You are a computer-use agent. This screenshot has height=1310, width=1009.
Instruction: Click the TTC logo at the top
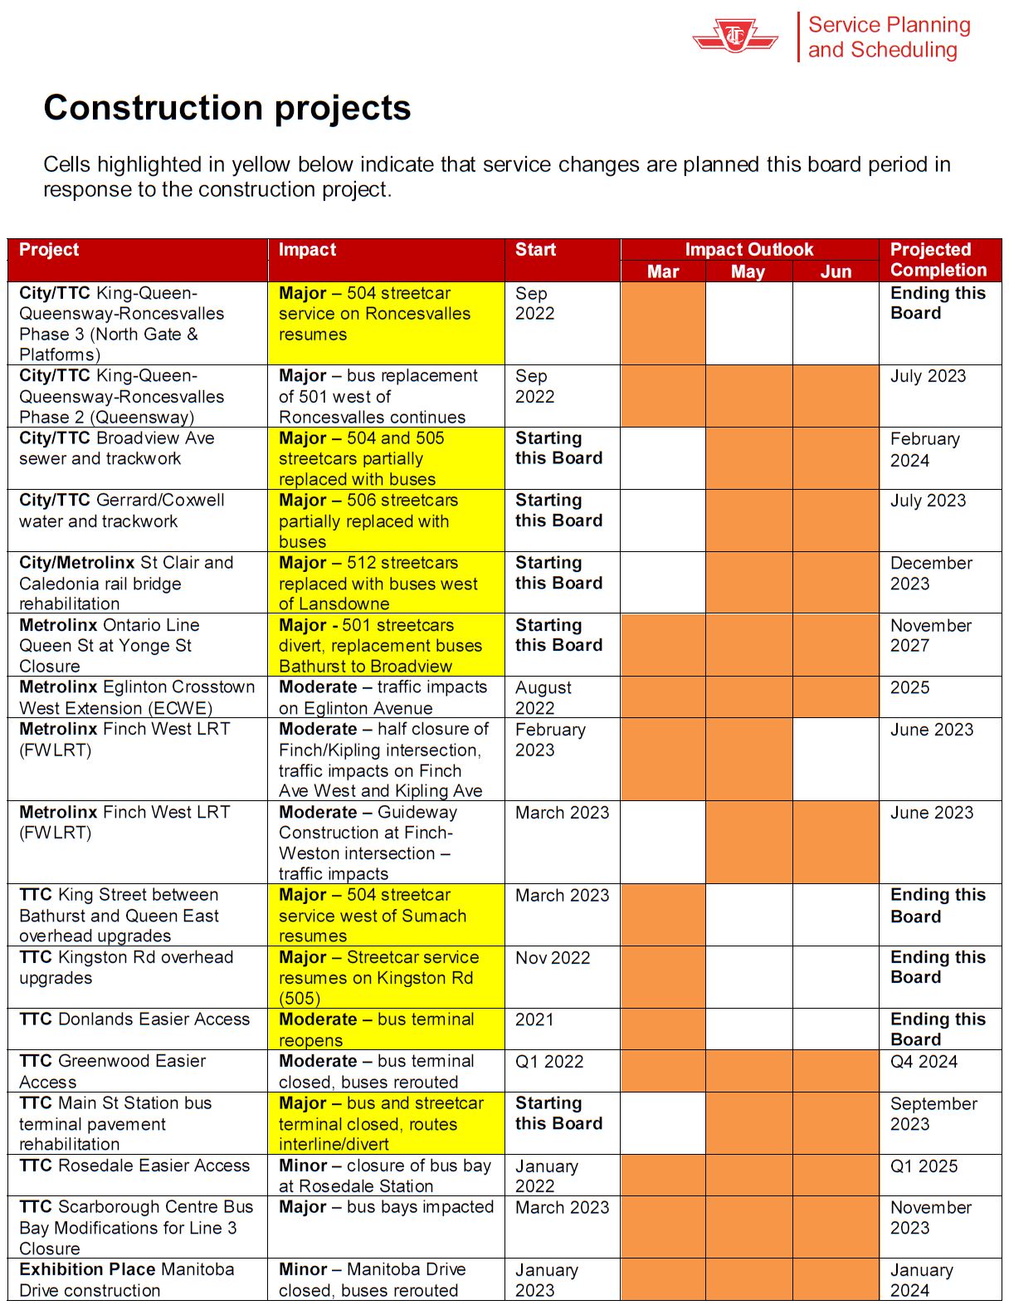(735, 37)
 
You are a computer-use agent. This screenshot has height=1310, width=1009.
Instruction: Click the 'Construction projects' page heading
(227, 108)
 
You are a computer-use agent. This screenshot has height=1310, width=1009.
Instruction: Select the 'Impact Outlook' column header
(748, 249)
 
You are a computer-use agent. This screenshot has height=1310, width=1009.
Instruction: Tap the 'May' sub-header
(748, 271)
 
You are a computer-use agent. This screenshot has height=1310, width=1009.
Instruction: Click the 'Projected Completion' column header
(938, 260)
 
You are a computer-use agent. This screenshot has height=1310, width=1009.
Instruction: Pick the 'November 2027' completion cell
(930, 635)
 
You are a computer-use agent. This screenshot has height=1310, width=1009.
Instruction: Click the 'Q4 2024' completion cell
(924, 1062)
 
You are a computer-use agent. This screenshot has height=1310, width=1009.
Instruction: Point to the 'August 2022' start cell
(543, 697)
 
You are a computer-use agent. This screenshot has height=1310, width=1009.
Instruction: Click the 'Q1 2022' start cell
(549, 1062)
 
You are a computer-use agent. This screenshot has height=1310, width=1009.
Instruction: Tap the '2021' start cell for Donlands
(534, 1019)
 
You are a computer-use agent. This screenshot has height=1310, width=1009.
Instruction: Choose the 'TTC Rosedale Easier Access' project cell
(134, 1166)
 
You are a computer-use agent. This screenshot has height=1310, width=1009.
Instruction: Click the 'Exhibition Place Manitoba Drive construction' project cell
(126, 1279)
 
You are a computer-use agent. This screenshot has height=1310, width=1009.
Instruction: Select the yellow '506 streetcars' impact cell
(386, 521)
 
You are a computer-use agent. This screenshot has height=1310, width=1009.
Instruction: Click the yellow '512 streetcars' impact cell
(386, 583)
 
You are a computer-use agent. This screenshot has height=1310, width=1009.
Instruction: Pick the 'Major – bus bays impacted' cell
(386, 1207)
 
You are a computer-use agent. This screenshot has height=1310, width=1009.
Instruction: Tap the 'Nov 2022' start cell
(553, 958)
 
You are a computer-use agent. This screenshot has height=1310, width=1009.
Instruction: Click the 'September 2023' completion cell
(933, 1113)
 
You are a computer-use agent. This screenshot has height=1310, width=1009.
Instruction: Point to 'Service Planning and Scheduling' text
(889, 37)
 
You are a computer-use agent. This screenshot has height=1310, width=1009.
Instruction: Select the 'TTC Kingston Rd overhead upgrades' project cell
(126, 967)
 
